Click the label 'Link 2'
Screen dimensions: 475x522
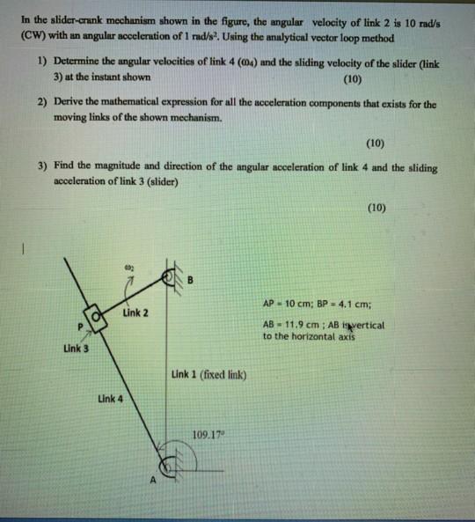136,312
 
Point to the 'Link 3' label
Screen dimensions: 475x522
77,349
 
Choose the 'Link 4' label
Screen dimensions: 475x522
110,399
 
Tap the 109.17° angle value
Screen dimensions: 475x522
207,433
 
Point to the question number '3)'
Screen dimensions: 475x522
42,165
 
